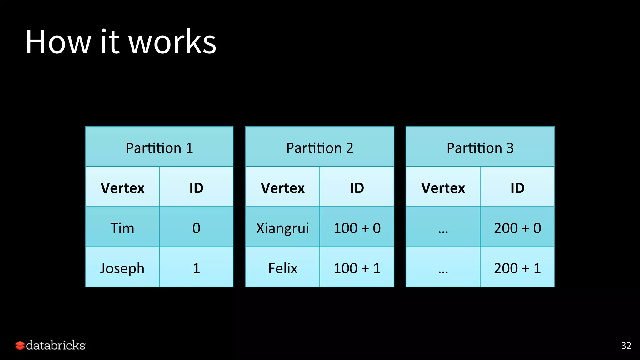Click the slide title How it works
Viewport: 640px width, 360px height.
tap(121, 42)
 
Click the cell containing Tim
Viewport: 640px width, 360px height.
tap(122, 227)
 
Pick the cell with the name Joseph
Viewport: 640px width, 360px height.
tap(122, 268)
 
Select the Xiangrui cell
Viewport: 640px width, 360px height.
tap(282, 227)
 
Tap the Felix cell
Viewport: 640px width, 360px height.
tap(282, 268)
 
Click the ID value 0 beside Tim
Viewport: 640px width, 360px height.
tap(196, 227)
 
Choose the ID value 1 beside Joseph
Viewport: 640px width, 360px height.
tap(196, 268)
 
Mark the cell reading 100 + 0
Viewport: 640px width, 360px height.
tap(357, 227)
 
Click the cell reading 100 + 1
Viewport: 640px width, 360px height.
tap(357, 268)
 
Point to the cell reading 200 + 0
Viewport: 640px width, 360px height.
tap(517, 227)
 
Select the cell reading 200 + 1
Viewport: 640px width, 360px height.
tap(517, 268)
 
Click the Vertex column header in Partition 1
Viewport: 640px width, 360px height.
tap(122, 187)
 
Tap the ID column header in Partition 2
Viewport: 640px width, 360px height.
tap(357, 187)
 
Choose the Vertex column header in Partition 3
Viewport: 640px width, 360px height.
tap(443, 187)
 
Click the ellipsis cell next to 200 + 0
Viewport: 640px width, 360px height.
tap(443, 228)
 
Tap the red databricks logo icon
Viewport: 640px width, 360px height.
tap(20, 345)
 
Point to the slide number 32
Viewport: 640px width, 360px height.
tap(626, 345)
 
